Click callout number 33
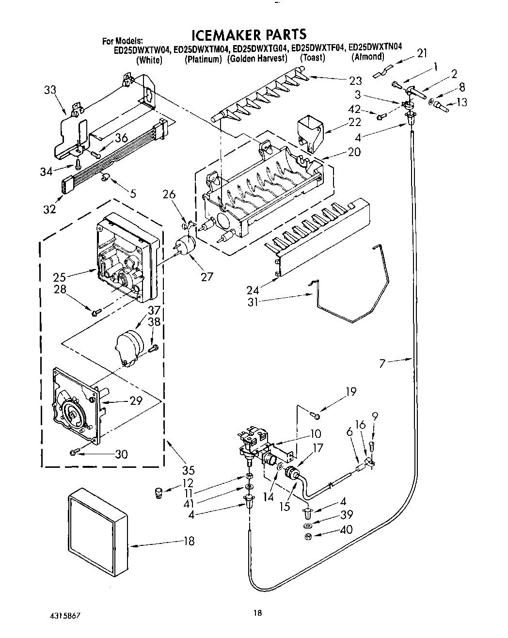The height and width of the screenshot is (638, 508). pyautogui.click(x=49, y=90)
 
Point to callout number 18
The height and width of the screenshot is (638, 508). pyautogui.click(x=189, y=541)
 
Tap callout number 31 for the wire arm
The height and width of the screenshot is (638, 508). pyautogui.click(x=253, y=302)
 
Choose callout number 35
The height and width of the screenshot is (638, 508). pyautogui.click(x=188, y=469)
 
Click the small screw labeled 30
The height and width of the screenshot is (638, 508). pyautogui.click(x=74, y=452)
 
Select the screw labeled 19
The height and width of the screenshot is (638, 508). pyautogui.click(x=316, y=415)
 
